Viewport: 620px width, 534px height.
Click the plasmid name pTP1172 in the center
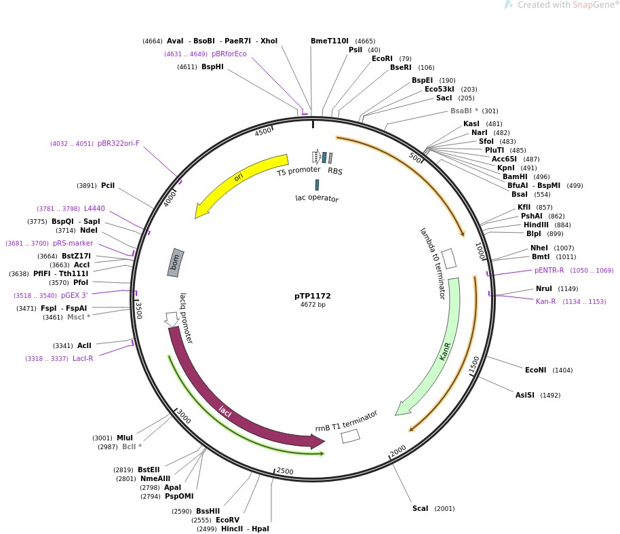click(313, 296)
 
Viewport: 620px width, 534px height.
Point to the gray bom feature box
click(176, 262)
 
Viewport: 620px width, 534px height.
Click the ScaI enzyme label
click(421, 508)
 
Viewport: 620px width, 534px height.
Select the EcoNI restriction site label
click(536, 370)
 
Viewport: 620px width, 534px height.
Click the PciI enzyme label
click(108, 185)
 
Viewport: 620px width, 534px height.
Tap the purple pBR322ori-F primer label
click(119, 143)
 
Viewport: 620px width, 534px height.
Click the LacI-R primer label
click(83, 358)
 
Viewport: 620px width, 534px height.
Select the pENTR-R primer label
click(549, 270)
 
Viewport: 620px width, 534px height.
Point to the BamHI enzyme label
click(515, 176)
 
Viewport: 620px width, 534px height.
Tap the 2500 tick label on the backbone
click(285, 471)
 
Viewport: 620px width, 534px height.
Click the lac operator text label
click(317, 199)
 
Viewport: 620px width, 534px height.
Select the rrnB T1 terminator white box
click(350, 436)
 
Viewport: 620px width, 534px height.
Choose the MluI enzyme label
click(125, 438)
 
